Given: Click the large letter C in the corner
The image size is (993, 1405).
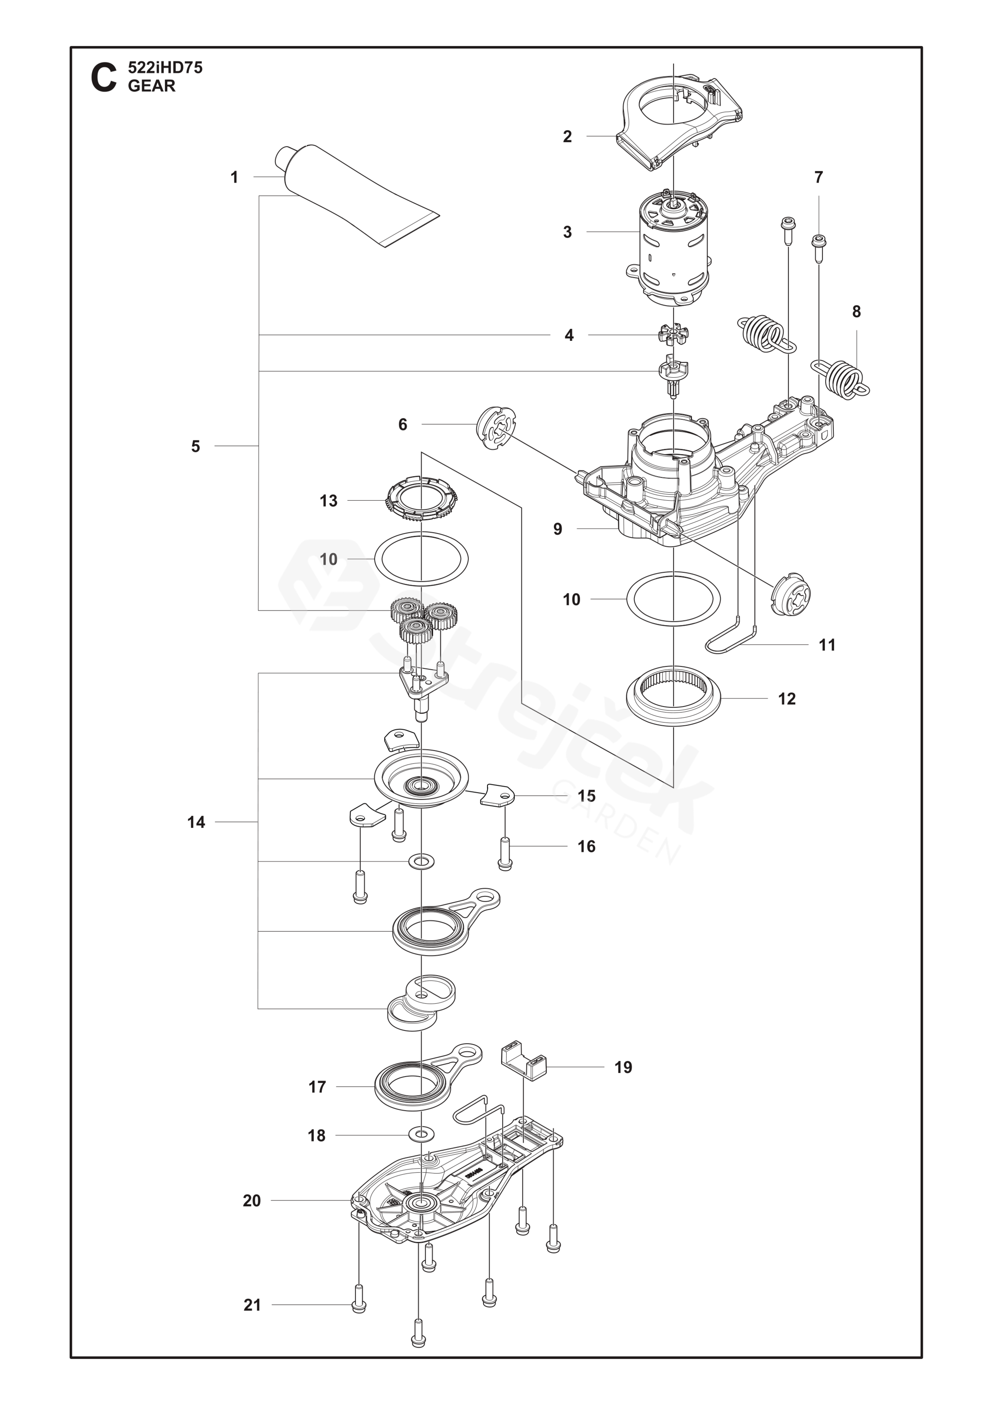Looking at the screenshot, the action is coord(104,78).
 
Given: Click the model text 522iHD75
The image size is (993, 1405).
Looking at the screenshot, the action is coord(165,68).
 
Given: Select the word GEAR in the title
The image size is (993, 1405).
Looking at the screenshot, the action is coord(152,86).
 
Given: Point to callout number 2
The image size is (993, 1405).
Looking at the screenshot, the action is coord(567,136).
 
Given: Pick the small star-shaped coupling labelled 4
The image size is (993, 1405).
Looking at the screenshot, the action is coord(673,335).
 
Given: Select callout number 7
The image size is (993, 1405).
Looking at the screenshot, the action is coord(819,177).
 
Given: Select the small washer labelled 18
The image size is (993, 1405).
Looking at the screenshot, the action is coord(421,1135).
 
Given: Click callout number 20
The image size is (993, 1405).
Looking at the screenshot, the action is coord(252,1201).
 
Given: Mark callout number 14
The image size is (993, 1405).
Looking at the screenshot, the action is coord(196,822).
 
